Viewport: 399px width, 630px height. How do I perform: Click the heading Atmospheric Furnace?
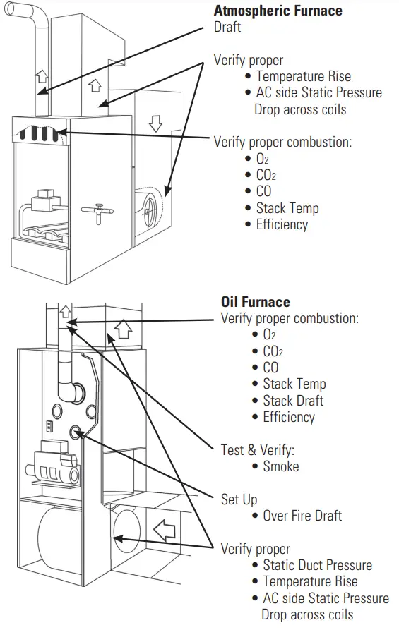click(278, 11)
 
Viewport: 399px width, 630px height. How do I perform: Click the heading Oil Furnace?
click(255, 302)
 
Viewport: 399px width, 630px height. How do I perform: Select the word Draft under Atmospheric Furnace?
click(227, 28)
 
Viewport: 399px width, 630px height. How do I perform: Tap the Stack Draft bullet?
click(293, 401)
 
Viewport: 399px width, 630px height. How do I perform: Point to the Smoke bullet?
click(280, 466)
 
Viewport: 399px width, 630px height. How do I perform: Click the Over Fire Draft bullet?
click(302, 516)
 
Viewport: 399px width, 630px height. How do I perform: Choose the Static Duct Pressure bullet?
click(317, 565)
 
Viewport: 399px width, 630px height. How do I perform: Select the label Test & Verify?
click(258, 450)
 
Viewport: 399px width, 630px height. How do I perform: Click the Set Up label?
click(239, 499)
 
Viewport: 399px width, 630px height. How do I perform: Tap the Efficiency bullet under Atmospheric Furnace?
click(282, 224)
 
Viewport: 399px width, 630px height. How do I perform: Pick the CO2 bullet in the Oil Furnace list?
click(273, 351)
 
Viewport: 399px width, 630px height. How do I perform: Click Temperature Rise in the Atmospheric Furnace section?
click(303, 76)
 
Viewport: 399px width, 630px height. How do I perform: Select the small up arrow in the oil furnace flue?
click(66, 310)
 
